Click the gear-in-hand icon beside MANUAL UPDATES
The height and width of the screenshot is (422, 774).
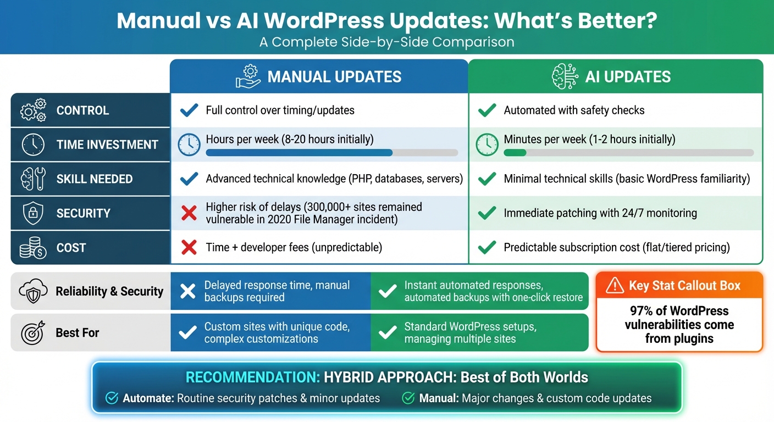click(248, 76)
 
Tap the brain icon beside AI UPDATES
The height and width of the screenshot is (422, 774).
click(565, 76)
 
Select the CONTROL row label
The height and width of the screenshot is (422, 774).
click(82, 110)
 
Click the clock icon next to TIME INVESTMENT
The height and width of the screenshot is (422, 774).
click(33, 145)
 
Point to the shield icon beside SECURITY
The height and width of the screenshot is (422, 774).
click(33, 213)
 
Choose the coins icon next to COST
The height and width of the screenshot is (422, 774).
click(33, 248)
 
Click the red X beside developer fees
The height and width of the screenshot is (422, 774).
click(189, 247)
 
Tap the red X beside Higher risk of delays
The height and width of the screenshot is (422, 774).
click(189, 213)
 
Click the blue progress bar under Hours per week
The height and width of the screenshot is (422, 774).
click(299, 153)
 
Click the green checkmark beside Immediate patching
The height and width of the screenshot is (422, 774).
click(487, 213)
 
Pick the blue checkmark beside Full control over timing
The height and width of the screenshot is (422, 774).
click(189, 110)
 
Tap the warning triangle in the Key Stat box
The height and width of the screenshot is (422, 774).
click(614, 285)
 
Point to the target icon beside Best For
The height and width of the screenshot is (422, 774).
click(32, 332)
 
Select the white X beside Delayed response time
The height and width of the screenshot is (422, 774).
click(188, 291)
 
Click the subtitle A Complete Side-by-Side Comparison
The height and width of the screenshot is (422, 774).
click(387, 42)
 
